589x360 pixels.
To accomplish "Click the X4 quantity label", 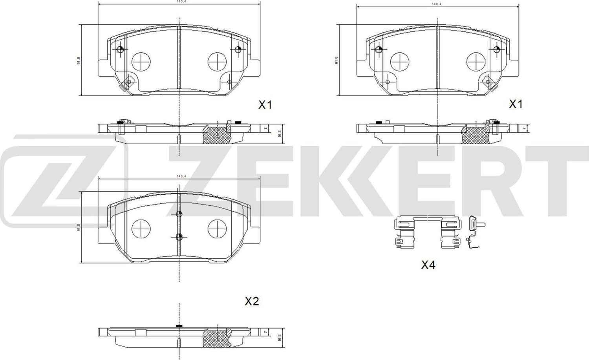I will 428,265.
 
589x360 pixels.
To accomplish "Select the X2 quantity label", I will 252,302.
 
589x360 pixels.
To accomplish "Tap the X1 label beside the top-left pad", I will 265,105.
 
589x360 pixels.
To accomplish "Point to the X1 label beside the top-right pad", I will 516,104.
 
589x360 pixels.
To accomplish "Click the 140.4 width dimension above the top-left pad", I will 179,2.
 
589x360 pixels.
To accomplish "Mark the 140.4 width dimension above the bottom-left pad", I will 180,176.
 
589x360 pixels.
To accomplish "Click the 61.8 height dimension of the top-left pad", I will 79,60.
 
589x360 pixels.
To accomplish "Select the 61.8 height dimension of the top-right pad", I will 336,60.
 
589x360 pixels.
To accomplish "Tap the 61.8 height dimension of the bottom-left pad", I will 79,227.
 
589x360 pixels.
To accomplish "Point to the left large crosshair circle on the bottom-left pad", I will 141,228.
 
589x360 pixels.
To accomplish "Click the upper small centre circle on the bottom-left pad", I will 179,214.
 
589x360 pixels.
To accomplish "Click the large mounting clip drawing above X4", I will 427,233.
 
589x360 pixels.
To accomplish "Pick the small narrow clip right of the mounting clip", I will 473,232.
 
